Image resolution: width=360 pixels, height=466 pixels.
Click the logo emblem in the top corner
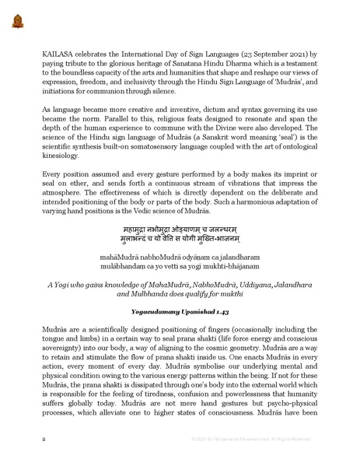coord(16,17)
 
